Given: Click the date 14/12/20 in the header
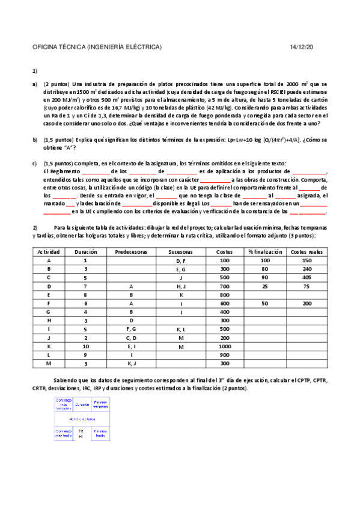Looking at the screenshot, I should [x=301, y=47].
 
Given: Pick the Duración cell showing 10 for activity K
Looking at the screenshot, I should [x=85, y=347].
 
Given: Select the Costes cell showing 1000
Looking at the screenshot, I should [x=224, y=347].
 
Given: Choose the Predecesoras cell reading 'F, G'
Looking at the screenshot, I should [x=130, y=330].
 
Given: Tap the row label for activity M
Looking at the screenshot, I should [x=48, y=364].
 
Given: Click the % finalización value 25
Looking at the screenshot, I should [x=265, y=286].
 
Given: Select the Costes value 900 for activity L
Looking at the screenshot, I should [x=224, y=355].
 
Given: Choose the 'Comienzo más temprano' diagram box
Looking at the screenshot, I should [x=64, y=404].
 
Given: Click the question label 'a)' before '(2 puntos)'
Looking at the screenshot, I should [x=35, y=84].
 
